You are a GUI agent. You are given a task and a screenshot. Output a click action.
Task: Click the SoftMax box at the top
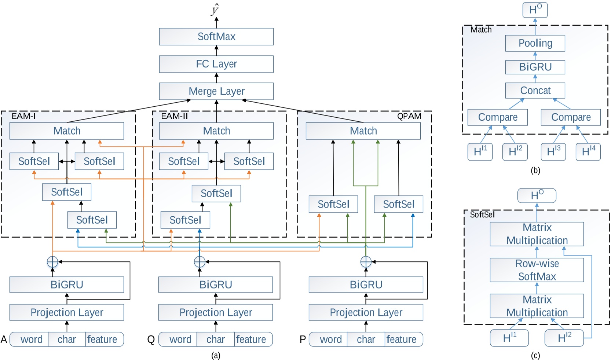(216, 37)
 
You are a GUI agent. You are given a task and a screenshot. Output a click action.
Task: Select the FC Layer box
(216, 64)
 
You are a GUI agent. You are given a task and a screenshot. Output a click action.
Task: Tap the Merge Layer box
(216, 91)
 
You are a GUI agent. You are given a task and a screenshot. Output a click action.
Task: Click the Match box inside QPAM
(363, 131)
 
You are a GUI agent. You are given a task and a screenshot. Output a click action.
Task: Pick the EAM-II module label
(174, 116)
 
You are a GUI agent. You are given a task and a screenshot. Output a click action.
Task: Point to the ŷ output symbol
(215, 10)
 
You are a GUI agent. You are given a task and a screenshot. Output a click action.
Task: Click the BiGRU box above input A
(66, 285)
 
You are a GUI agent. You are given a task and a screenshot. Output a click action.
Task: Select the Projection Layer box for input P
(366, 312)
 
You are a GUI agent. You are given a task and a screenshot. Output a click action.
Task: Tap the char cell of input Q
(215, 339)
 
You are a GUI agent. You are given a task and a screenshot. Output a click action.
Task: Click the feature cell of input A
(102, 339)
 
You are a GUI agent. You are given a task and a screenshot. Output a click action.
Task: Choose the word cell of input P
(330, 339)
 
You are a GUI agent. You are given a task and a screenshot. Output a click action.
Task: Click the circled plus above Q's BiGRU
(200, 262)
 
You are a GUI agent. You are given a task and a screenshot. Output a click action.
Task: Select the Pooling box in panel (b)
(535, 43)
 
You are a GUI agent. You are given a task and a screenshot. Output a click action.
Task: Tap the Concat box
(535, 91)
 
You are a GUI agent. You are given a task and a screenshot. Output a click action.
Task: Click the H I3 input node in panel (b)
(553, 152)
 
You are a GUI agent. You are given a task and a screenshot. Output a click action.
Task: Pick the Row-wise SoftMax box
(537, 270)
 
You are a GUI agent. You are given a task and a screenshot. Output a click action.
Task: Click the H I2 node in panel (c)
(564, 338)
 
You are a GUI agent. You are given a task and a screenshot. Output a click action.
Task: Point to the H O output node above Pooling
(535, 10)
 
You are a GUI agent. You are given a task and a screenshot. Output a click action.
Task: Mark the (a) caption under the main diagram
(216, 355)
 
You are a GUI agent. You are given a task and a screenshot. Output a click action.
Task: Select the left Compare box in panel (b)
(497, 117)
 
